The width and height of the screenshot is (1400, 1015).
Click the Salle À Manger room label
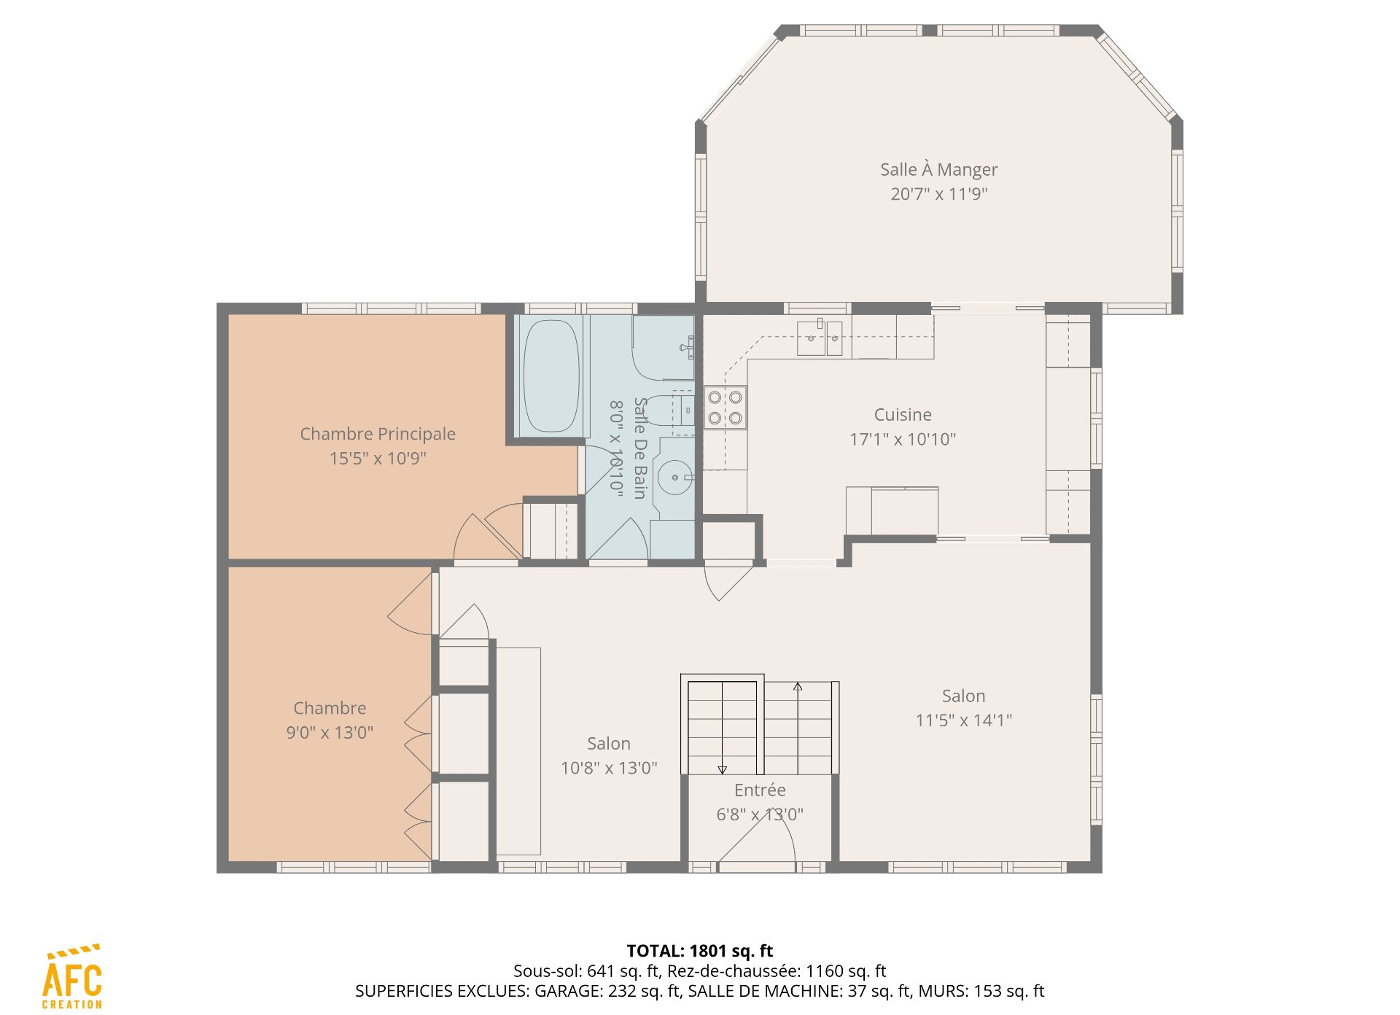tap(938, 169)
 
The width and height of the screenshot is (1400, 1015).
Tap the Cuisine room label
tap(903, 414)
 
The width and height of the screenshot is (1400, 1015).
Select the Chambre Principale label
tap(378, 434)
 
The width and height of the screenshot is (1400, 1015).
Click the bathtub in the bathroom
tap(551, 376)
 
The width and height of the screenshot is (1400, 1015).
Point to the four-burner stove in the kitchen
tap(726, 408)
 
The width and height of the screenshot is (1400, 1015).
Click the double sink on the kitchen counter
tap(820, 338)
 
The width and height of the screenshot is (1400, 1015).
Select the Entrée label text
tap(760, 790)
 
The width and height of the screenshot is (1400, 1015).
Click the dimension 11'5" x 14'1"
tap(964, 720)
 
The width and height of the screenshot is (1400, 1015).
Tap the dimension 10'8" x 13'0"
tap(609, 768)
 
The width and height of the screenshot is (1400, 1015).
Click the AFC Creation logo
tap(72, 976)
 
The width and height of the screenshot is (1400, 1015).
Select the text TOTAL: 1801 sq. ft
tap(700, 951)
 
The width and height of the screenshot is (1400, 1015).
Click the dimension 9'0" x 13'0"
tap(330, 732)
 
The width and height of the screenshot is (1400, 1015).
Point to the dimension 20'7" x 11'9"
tap(939, 194)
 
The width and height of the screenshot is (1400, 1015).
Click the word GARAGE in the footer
tap(569, 992)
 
